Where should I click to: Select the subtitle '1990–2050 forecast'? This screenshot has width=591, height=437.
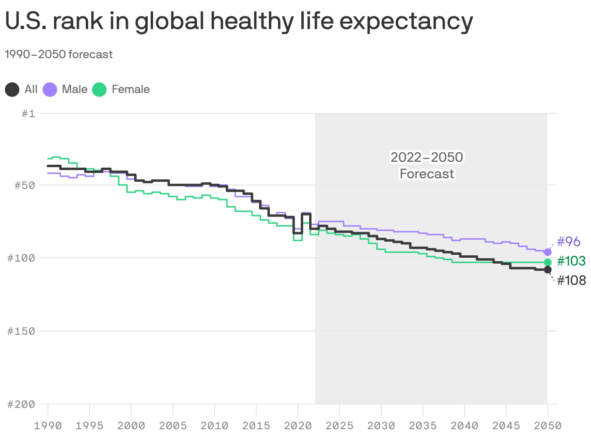point(59,54)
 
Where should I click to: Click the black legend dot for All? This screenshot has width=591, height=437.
point(13,90)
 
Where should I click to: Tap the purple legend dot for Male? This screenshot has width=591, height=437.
point(50,90)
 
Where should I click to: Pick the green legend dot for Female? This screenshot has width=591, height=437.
point(99,90)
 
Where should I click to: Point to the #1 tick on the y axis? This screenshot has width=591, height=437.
point(29,113)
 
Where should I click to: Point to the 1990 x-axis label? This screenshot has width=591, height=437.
point(48,426)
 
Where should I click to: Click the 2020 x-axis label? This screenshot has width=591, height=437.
point(298,426)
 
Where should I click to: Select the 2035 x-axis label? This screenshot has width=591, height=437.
point(423,426)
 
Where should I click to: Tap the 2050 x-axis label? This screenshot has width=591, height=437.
point(547,426)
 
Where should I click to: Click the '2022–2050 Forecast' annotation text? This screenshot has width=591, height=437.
point(427,165)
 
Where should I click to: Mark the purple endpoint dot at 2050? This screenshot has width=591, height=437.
point(548,252)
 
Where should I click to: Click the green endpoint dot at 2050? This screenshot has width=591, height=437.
point(548,262)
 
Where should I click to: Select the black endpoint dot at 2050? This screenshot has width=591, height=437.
point(548,269)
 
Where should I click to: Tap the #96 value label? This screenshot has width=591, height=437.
point(569,242)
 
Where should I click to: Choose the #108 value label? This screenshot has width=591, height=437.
point(571,280)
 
